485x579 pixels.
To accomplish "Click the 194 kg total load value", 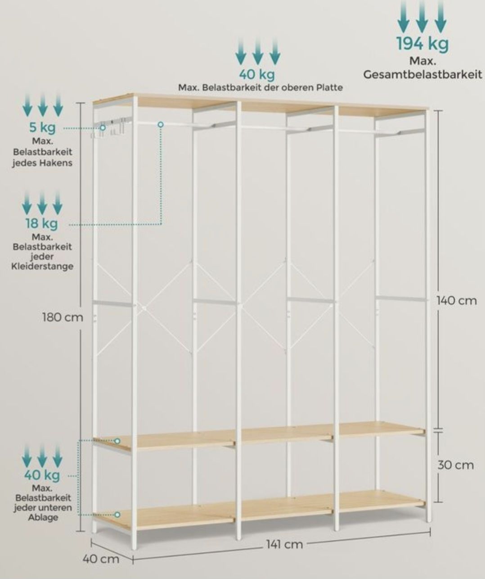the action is [x=422, y=44].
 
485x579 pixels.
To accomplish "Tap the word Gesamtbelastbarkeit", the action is [x=422, y=75].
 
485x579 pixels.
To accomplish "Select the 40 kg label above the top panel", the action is [x=257, y=74].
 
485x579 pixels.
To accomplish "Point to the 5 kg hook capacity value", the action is [x=42, y=127].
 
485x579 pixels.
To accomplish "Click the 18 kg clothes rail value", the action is [x=42, y=223].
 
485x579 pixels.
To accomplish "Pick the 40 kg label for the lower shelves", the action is [x=42, y=475].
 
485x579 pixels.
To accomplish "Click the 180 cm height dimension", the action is [x=63, y=317].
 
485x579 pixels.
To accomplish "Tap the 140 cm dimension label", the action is [x=457, y=301].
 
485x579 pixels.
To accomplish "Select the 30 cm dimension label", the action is [x=456, y=465].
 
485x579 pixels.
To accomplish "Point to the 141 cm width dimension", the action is [x=284, y=544].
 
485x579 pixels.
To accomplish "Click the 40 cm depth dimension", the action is [x=101, y=559].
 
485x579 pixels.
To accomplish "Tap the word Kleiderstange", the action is [x=42, y=266].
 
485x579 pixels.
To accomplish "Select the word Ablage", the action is [x=43, y=517].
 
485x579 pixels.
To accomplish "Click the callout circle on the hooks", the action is [x=103, y=128].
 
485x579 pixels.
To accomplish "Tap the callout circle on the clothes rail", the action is [x=161, y=125].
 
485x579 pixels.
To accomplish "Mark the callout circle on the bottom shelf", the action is [x=117, y=515].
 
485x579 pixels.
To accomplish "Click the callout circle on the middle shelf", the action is [x=117, y=441].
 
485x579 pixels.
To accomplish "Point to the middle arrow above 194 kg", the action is [x=422, y=16].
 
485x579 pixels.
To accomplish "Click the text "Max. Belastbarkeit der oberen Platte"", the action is [x=260, y=88].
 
